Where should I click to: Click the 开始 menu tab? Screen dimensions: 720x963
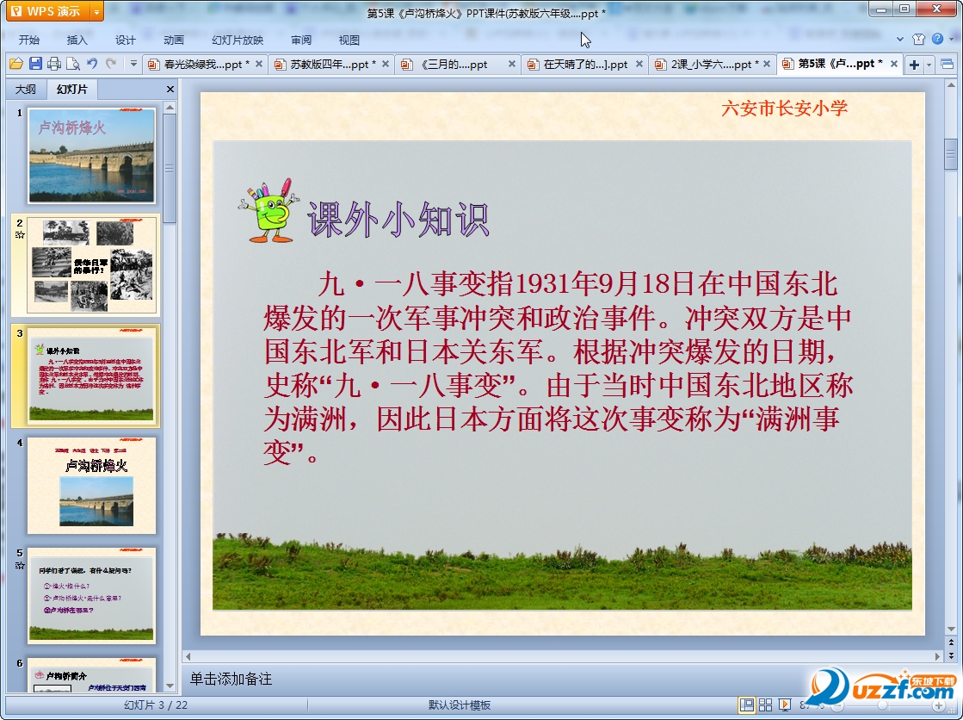(x=28, y=40)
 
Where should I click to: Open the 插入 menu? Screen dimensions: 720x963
(x=77, y=40)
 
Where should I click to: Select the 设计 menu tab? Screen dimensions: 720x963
(x=126, y=40)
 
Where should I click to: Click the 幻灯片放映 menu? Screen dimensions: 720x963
(x=238, y=40)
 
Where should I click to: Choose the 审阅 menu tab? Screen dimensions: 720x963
(x=301, y=40)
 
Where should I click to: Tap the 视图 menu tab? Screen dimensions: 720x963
(x=349, y=40)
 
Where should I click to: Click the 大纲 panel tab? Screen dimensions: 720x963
(x=26, y=89)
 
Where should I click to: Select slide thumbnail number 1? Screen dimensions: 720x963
(x=91, y=155)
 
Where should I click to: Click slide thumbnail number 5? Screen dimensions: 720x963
(x=91, y=595)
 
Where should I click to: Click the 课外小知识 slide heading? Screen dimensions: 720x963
(x=398, y=220)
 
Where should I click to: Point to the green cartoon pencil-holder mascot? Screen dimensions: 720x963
(x=268, y=210)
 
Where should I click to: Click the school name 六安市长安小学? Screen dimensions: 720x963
(x=784, y=108)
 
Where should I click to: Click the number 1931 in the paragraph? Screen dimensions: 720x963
(x=546, y=283)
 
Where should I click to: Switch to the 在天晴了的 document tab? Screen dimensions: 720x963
(x=585, y=65)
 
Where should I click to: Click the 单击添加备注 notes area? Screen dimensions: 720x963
(x=231, y=679)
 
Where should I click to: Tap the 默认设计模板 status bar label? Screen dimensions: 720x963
(x=460, y=704)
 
